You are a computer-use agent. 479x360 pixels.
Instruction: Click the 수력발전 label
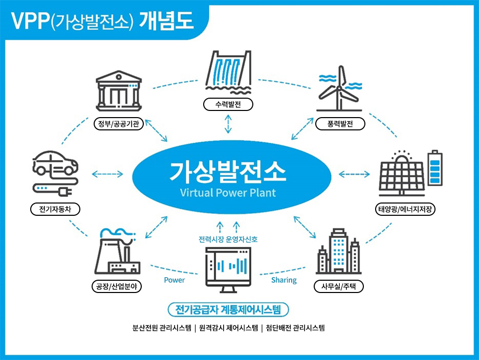click(228, 105)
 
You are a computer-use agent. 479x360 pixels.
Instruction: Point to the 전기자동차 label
click(55, 209)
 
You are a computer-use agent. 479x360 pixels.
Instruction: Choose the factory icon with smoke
click(117, 253)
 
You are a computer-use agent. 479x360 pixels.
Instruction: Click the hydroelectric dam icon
click(228, 71)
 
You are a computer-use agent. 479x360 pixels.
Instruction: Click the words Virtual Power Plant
click(228, 193)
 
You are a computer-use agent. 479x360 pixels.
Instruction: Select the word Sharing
click(284, 280)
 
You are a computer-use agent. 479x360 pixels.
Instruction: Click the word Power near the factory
click(174, 280)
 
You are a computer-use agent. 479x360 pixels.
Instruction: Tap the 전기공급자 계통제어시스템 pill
click(228, 309)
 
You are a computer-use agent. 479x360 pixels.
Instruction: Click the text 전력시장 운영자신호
click(228, 239)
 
